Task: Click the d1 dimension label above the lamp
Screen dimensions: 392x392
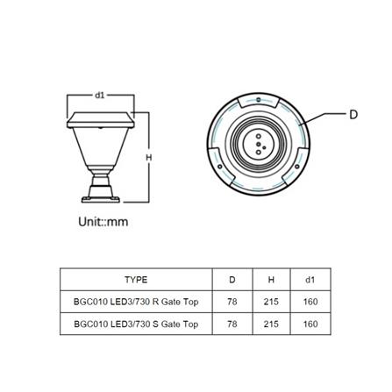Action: (x=99, y=94)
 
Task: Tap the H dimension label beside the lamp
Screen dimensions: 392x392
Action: (x=147, y=157)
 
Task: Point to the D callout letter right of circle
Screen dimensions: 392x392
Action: (x=353, y=115)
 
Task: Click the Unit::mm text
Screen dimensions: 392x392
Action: (x=103, y=222)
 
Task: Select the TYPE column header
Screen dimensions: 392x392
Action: (x=136, y=280)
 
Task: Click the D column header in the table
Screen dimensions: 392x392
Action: (x=232, y=280)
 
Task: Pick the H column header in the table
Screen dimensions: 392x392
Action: (x=271, y=280)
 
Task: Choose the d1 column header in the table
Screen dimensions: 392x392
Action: (x=310, y=280)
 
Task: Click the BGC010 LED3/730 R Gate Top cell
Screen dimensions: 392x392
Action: (x=136, y=302)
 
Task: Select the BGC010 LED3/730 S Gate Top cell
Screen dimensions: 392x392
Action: (x=136, y=324)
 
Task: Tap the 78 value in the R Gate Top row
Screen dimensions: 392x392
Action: (x=232, y=302)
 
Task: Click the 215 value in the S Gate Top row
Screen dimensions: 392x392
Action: (x=271, y=324)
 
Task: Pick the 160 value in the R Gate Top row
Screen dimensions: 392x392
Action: (x=310, y=302)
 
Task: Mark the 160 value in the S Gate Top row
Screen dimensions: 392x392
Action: (x=310, y=324)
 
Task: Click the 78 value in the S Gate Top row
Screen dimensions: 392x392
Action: (x=232, y=324)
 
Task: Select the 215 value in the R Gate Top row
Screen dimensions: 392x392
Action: (x=271, y=302)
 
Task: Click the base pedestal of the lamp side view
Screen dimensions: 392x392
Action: (x=100, y=189)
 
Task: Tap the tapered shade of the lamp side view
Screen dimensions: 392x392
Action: (x=100, y=145)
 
